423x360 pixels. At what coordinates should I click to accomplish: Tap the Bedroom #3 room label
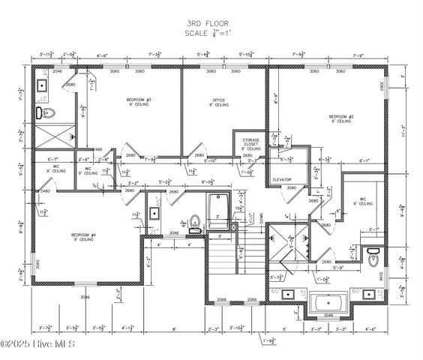click(x=139, y=102)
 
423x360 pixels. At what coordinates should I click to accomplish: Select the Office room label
click(x=219, y=102)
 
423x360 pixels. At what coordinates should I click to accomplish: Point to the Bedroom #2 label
click(x=340, y=118)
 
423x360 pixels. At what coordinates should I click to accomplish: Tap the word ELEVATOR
click(x=282, y=180)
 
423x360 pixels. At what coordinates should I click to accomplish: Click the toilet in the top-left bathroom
click(x=46, y=114)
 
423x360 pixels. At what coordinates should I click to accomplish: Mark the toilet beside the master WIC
click(x=373, y=259)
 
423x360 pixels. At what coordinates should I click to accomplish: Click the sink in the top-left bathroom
click(x=41, y=84)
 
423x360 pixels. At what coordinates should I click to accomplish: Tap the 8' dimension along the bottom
click(x=174, y=328)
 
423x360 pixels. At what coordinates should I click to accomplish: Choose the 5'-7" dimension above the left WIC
click(x=53, y=160)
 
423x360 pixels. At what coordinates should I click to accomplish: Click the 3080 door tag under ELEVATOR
click(x=292, y=188)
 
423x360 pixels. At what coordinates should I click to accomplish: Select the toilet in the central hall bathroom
click(x=194, y=221)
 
